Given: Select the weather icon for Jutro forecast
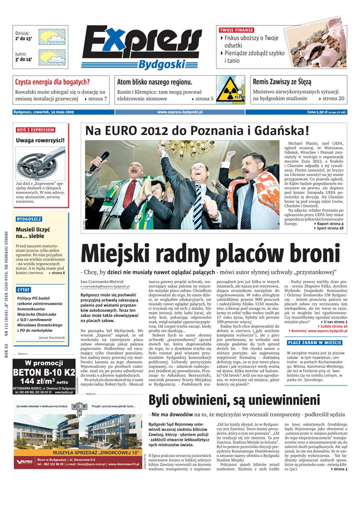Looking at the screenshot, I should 52,57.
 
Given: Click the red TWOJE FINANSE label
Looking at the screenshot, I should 236,30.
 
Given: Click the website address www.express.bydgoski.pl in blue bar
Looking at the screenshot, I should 179,112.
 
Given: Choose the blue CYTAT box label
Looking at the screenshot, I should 24,290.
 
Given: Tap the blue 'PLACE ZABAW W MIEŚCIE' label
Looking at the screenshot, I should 314,343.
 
